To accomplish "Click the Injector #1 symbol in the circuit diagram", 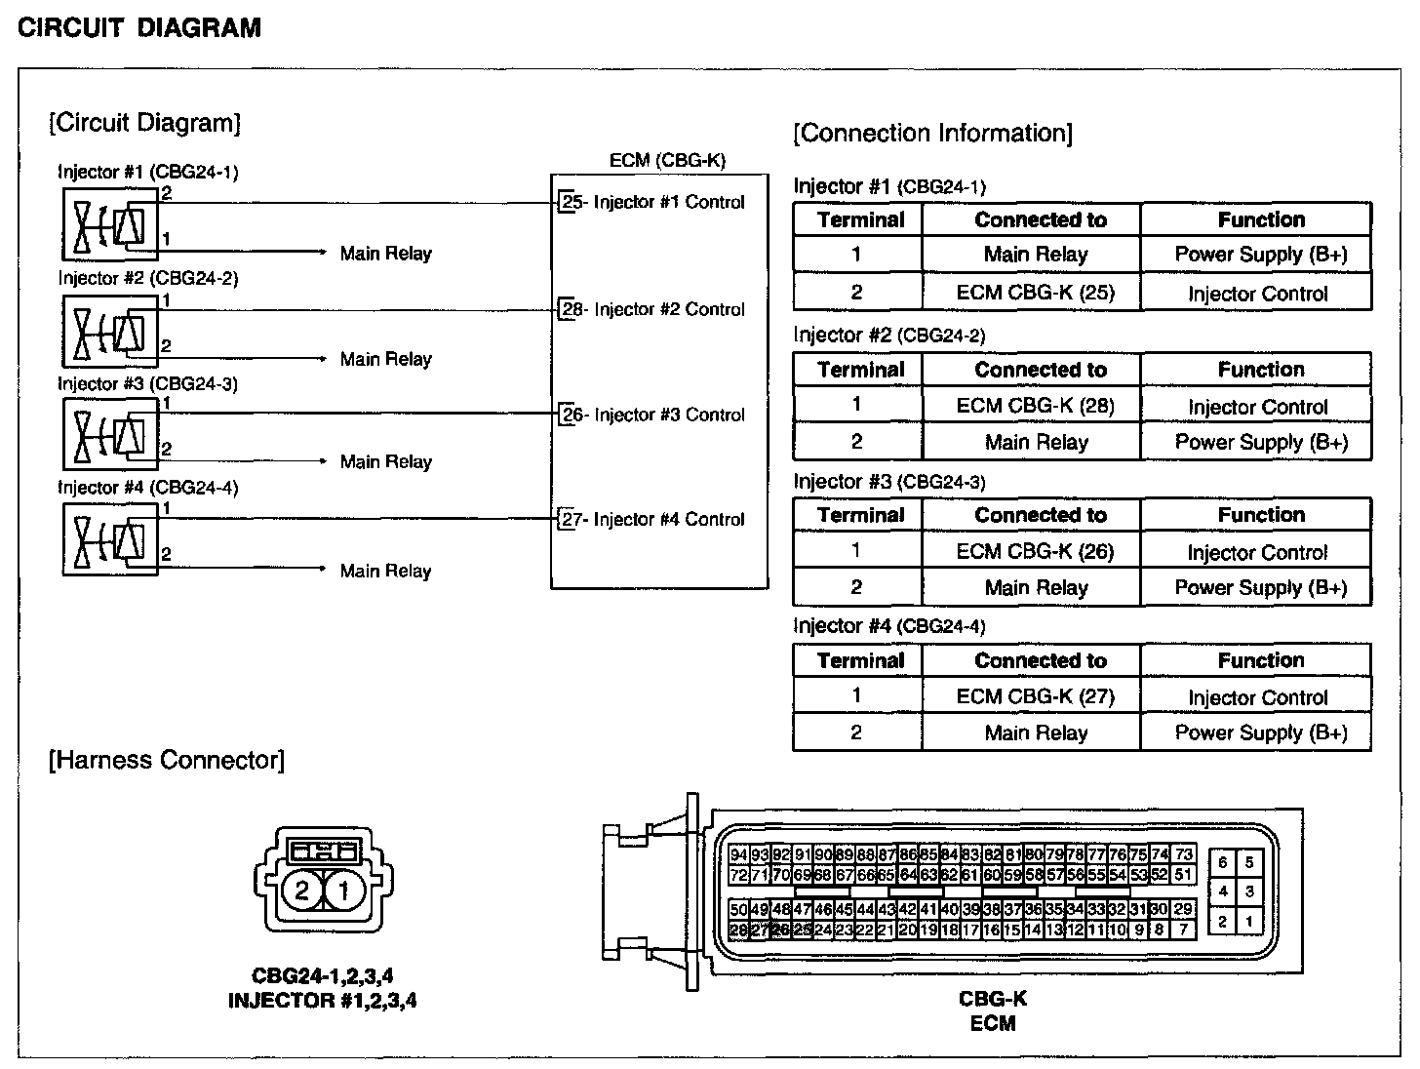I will click(110, 225).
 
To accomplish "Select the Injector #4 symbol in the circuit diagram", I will click(110, 537).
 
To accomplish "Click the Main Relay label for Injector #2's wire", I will click(385, 360).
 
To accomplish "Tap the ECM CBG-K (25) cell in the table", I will click(1035, 292).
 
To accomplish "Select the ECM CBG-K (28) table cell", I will click(1035, 406).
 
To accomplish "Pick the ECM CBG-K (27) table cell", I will click(1035, 696).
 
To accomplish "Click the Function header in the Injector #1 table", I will click(1260, 219).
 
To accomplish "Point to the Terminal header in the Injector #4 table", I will click(860, 660).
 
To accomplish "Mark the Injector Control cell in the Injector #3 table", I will click(1257, 553).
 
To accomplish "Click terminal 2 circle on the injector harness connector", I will click(301, 890).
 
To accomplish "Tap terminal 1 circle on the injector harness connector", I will click(343, 890).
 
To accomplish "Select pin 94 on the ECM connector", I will click(739, 855).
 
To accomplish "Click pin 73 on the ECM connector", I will click(1183, 855).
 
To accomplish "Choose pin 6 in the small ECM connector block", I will click(1222, 862).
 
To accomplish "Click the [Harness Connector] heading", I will click(167, 761).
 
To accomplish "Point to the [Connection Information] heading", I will click(932, 134).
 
